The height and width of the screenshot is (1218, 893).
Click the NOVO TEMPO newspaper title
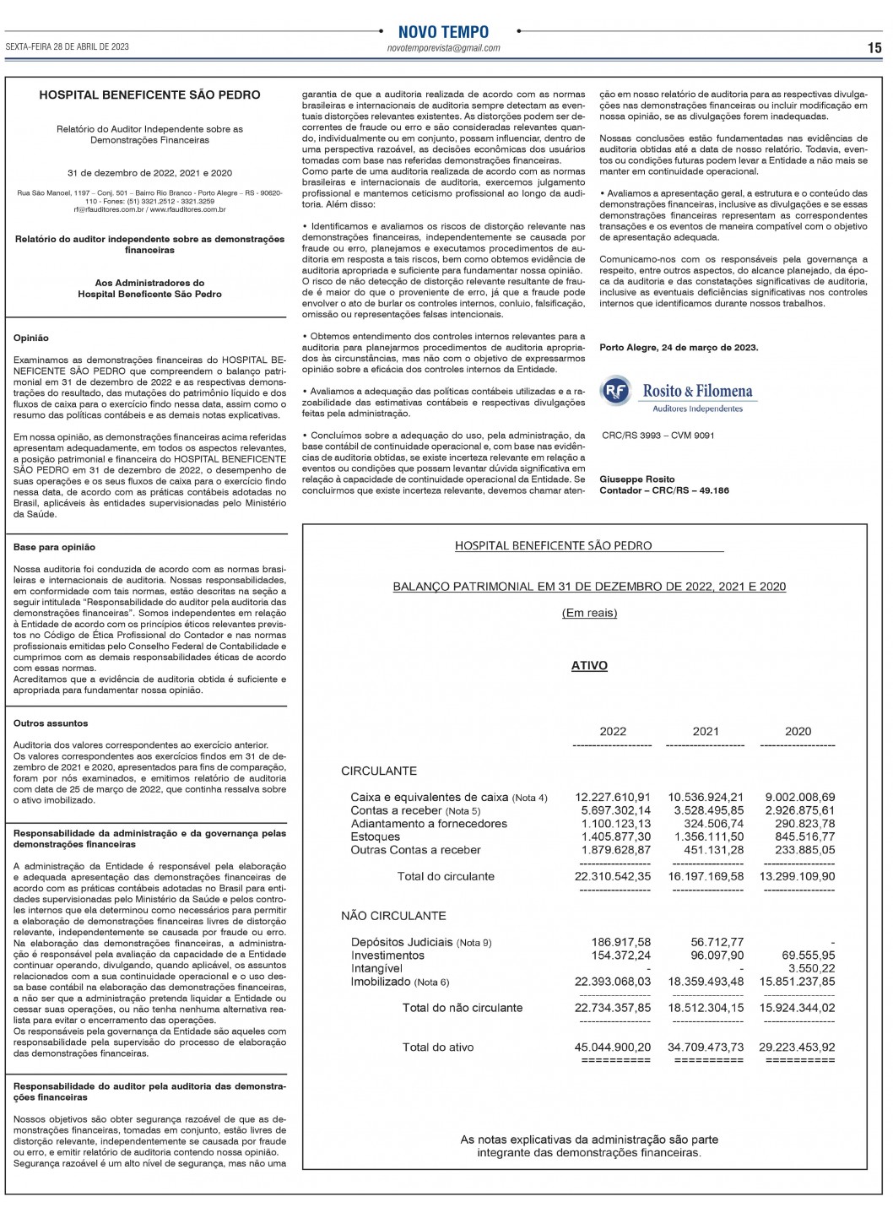click(x=443, y=32)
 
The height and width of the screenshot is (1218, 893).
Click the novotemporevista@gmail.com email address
click(x=443, y=48)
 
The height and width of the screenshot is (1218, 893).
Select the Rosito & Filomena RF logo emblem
click(x=616, y=391)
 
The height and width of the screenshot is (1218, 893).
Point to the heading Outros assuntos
click(x=51, y=723)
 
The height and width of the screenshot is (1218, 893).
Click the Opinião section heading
click(x=31, y=338)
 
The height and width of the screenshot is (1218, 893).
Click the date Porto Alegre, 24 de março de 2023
click(x=679, y=348)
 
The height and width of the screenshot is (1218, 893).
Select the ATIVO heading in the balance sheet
click(x=589, y=666)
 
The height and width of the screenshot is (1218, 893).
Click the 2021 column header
click(x=706, y=732)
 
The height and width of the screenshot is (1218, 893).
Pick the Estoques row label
click(x=376, y=837)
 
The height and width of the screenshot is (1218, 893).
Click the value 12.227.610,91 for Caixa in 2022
click(x=613, y=797)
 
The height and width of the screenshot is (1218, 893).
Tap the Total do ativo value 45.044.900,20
click(x=613, y=1047)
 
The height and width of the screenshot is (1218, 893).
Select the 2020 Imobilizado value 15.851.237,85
click(x=797, y=982)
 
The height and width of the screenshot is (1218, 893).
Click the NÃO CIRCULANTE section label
click(x=393, y=916)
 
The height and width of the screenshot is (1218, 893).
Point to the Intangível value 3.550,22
click(x=812, y=969)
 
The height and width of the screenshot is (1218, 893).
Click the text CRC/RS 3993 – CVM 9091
click(x=658, y=436)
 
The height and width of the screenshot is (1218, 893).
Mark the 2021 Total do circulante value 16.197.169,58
click(x=706, y=876)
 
